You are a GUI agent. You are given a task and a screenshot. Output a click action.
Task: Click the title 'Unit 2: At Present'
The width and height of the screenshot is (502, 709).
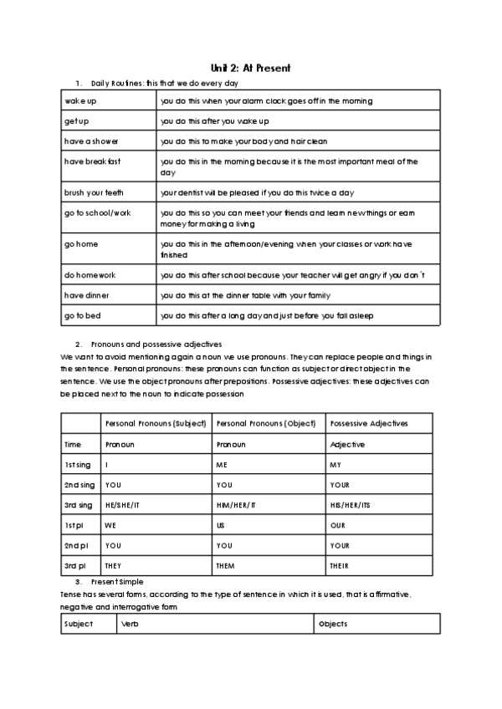coord(250,68)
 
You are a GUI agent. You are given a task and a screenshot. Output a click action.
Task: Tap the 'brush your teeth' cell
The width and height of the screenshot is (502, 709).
coord(94,192)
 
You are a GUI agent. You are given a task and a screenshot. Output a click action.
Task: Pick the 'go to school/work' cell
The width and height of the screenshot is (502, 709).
coord(97,213)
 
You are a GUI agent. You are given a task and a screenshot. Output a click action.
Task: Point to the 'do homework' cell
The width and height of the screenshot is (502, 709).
coord(90,274)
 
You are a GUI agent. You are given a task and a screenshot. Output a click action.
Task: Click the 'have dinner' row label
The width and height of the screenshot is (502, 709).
coord(87,295)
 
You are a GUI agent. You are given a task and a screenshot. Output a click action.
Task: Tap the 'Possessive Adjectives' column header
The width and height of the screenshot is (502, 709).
coord(369,423)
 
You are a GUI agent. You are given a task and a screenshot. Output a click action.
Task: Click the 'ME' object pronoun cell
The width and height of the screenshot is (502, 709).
coord(223,464)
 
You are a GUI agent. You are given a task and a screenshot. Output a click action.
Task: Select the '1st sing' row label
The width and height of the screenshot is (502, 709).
coord(79,464)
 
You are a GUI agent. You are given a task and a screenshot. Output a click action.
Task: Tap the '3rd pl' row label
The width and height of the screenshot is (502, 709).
coord(75,565)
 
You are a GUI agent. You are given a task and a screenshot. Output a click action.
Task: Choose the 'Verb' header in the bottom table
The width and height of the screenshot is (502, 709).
coord(129,624)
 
